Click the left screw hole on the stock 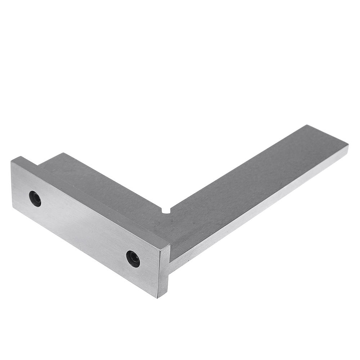click(x=35, y=199)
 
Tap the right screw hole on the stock click(x=133, y=258)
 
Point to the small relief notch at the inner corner click(x=166, y=211)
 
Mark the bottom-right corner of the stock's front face click(x=157, y=297)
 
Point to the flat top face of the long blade click(x=252, y=180)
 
